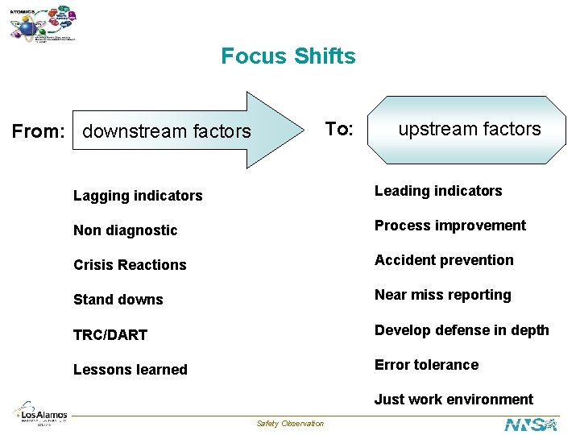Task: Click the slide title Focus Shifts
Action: pos(288,56)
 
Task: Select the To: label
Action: pos(338,129)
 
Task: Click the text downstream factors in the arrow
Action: pos(167,131)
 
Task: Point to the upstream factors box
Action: pos(469,129)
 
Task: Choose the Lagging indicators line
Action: pos(138,196)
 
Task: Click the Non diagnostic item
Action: pos(125,230)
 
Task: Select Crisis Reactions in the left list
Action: pos(130,265)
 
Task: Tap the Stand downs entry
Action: pos(118,300)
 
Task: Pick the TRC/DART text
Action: pos(110,335)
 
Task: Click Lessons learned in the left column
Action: pos(130,370)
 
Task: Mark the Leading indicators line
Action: pos(438,191)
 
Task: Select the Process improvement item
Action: pos(449,226)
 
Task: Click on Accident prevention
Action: pos(444,260)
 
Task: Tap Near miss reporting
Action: pos(442,295)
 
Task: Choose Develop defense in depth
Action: pos(462,330)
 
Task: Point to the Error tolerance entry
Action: pos(426,365)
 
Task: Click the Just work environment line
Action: pos(454,400)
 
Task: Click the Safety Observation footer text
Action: pos(290,424)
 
